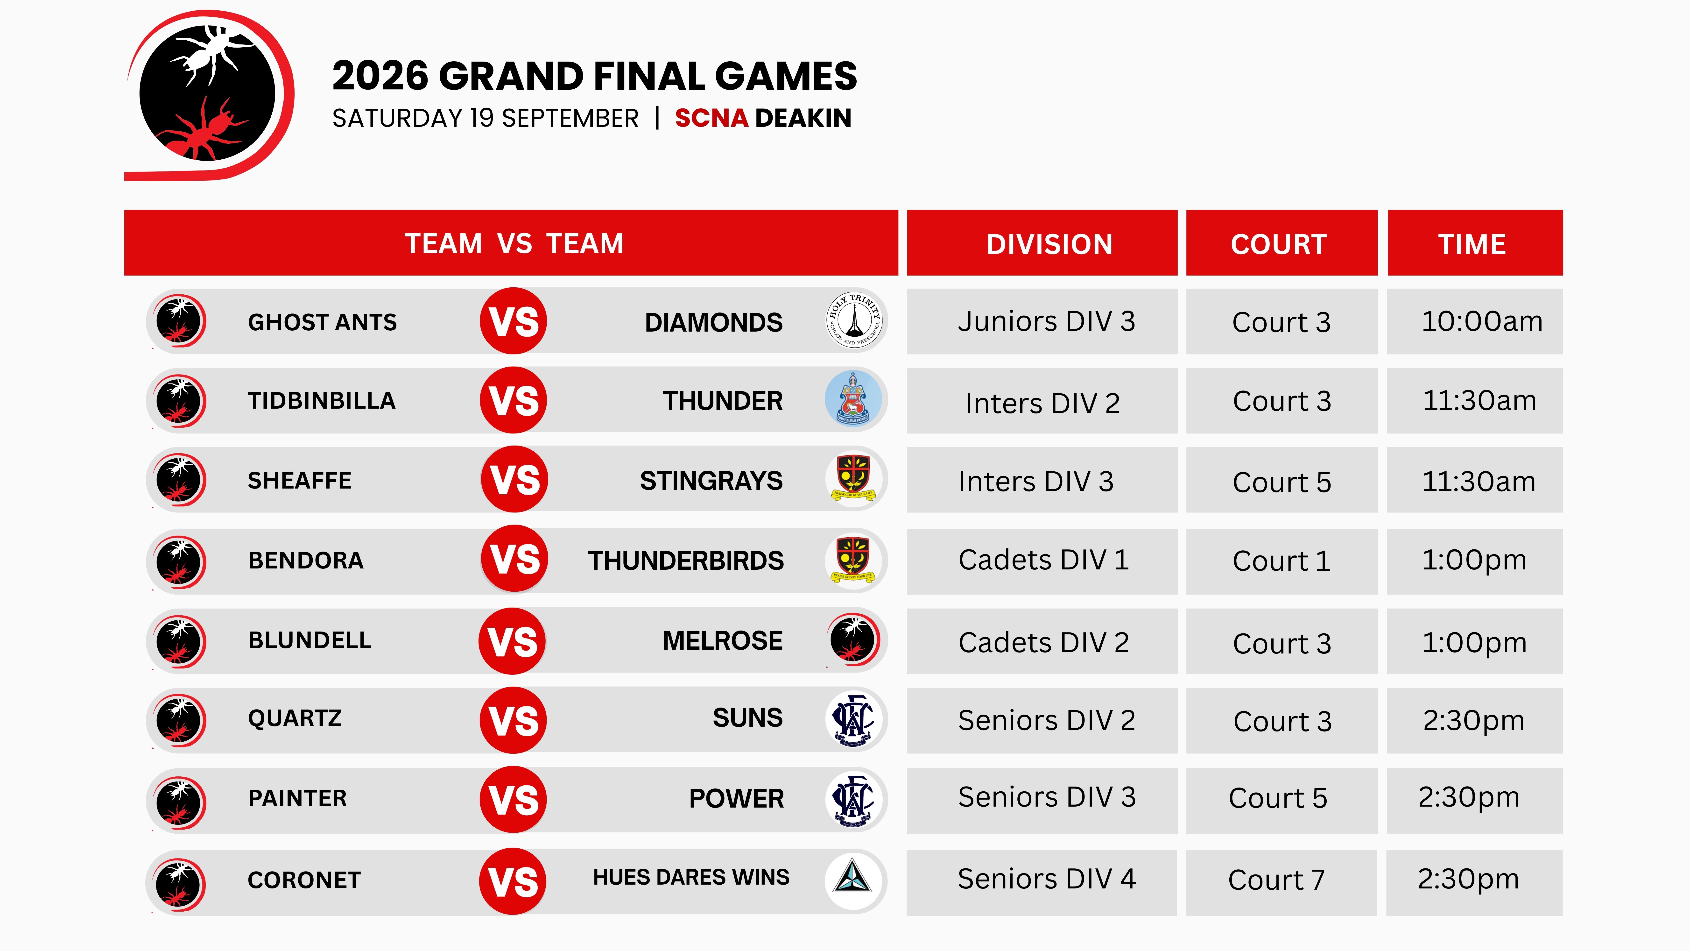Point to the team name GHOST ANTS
coord(322,322)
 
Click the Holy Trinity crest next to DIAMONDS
coord(853,320)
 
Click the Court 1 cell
coord(1281,561)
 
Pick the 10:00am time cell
coord(1475,322)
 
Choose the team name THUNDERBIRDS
coord(686,561)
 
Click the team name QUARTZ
coord(295,718)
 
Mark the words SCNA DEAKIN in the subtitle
coord(763,118)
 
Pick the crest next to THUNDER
coord(853,398)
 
